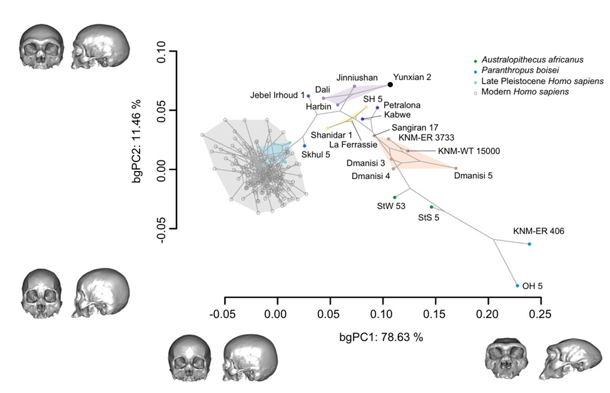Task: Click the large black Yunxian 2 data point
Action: click(x=390, y=84)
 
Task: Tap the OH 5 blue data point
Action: click(x=517, y=285)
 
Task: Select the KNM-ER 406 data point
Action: click(x=529, y=244)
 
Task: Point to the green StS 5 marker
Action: click(x=432, y=207)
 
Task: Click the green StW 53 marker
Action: click(x=395, y=197)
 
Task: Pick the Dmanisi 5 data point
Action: click(x=456, y=168)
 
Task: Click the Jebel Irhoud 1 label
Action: click(x=277, y=95)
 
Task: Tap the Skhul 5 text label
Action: click(x=316, y=154)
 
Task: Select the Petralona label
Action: click(x=402, y=105)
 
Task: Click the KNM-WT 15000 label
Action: click(x=469, y=151)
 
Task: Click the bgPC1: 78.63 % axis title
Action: click(x=382, y=337)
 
